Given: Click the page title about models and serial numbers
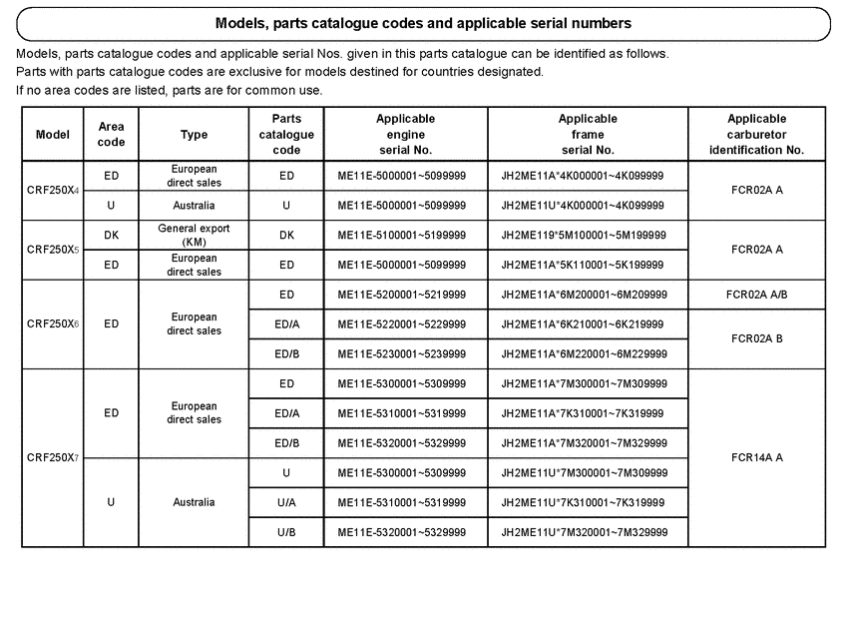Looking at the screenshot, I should pos(423,23).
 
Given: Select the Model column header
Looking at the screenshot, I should pos(52,134).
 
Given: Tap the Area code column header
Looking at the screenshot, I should pos(111,134).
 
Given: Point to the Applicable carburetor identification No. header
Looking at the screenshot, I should pos(756,134).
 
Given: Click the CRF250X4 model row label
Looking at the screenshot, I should pos(52,190).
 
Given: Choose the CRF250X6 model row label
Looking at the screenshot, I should pos(52,324).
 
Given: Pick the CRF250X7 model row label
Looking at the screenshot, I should pos(52,458).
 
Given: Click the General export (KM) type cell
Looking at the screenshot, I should pos(194,235).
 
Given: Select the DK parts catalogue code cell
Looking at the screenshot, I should pos(286,236).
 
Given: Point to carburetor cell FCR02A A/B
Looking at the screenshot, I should pos(756,295).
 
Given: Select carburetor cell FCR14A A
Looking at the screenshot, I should pos(756,458).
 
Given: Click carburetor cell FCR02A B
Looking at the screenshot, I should pos(756,339).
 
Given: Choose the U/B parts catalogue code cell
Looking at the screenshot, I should pos(286,532).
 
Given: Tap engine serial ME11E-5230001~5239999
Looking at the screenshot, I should pos(402,354).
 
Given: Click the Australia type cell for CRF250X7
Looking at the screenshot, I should pos(194,502).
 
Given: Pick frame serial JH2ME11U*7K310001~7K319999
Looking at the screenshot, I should pos(583,502).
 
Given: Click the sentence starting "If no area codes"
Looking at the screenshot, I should pos(170,90).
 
